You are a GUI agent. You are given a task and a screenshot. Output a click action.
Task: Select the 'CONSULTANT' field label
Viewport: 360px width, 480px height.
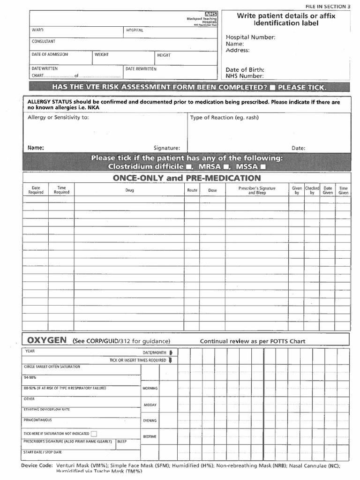[43, 42]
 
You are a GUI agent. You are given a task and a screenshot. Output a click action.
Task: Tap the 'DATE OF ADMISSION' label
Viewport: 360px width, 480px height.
[50, 54]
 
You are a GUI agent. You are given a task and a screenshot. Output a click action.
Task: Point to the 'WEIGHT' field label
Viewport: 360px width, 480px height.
[102, 55]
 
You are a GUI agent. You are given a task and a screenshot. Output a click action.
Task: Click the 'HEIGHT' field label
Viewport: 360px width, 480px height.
[164, 55]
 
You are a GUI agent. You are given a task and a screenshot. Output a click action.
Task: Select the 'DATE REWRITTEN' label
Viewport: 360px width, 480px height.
[141, 69]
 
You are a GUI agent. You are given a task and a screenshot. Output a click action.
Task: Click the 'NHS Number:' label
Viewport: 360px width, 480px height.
[244, 75]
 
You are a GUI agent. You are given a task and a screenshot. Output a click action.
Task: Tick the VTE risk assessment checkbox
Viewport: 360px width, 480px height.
[273, 88]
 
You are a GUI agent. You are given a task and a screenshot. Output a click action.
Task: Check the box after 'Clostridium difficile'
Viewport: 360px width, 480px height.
[188, 166]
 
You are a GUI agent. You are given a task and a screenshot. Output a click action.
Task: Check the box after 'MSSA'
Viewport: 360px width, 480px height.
[262, 166]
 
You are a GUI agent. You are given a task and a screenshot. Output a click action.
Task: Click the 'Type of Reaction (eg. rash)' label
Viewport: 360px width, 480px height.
[224, 118]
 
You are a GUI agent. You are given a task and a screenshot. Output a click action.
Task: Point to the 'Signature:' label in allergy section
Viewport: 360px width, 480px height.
[167, 148]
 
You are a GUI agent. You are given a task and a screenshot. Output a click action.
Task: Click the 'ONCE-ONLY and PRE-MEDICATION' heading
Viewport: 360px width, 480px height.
[187, 178]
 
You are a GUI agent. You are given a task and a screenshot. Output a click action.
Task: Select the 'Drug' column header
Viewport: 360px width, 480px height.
[129, 190]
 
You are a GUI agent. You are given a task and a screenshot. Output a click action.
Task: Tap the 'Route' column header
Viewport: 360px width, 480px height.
[192, 190]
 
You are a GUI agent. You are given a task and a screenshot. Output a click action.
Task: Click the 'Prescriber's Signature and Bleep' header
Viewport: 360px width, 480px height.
[257, 190]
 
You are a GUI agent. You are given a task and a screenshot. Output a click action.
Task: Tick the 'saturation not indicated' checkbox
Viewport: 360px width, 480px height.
[94, 434]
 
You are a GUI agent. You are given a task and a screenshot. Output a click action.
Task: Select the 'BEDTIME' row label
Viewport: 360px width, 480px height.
[150, 436]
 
